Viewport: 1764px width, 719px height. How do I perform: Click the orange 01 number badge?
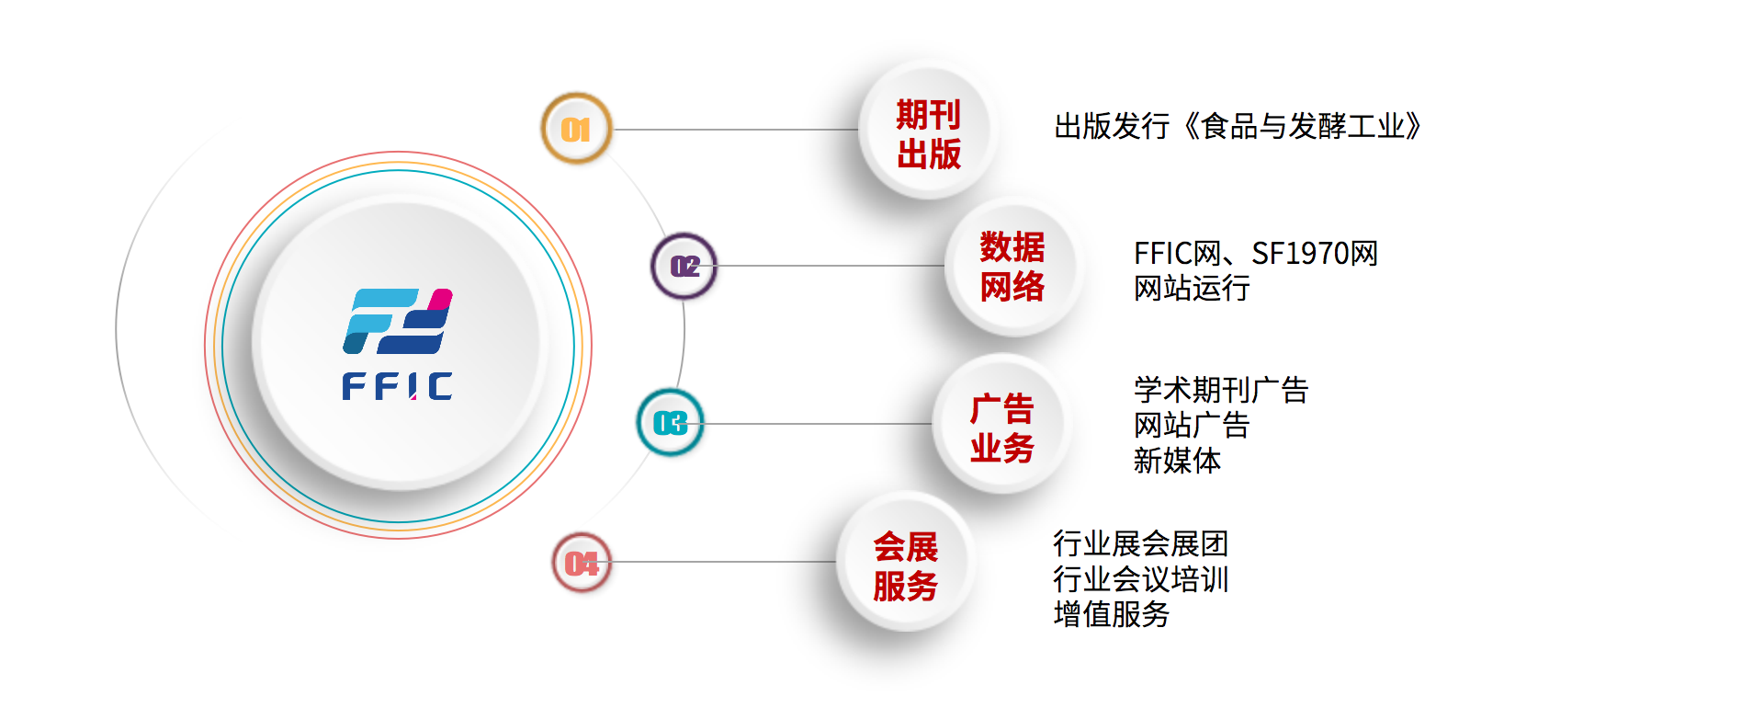pos(576,129)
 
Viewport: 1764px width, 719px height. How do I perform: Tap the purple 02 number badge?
pos(684,266)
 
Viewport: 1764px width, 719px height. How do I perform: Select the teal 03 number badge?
pos(671,423)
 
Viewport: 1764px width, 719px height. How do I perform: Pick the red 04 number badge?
pos(582,562)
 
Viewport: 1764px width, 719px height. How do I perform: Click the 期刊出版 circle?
pos(928,133)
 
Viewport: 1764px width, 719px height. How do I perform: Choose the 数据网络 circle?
pos(1012,267)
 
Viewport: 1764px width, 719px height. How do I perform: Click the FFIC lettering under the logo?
pos(397,386)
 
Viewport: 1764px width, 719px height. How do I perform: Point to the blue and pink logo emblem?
pos(398,321)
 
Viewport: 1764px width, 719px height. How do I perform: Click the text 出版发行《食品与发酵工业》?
pos(1238,126)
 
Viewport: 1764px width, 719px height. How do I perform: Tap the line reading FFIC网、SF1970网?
pos(1255,253)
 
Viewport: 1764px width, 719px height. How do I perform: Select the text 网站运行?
pos(1192,289)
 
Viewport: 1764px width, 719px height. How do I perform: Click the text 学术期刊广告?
pos(1220,390)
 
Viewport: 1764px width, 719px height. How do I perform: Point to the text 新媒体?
pos(1177,460)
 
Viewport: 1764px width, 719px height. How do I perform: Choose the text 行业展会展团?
pos(1140,543)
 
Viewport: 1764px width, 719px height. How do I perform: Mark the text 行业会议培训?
pos(1140,579)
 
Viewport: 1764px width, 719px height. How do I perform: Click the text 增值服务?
pos(1111,614)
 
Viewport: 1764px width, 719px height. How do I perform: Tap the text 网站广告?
pos(1192,425)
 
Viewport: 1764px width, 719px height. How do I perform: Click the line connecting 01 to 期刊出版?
pos(735,130)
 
